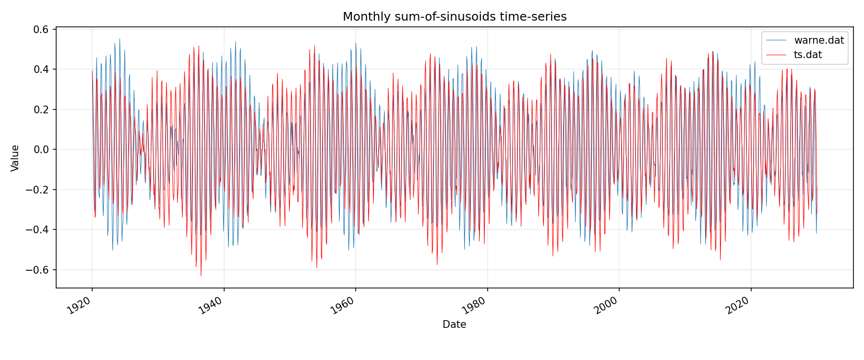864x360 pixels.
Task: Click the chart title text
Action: [x=455, y=17]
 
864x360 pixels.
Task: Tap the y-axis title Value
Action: [x=15, y=158]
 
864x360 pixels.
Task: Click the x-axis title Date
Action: [x=454, y=324]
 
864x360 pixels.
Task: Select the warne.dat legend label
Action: [x=819, y=40]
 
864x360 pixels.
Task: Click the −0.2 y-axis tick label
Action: [x=39, y=190]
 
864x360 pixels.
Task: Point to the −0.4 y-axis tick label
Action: [x=39, y=230]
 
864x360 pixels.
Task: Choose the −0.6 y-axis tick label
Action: [x=39, y=270]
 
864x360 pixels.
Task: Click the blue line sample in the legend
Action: [x=776, y=40]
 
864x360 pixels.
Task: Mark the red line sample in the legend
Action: [x=776, y=55]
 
